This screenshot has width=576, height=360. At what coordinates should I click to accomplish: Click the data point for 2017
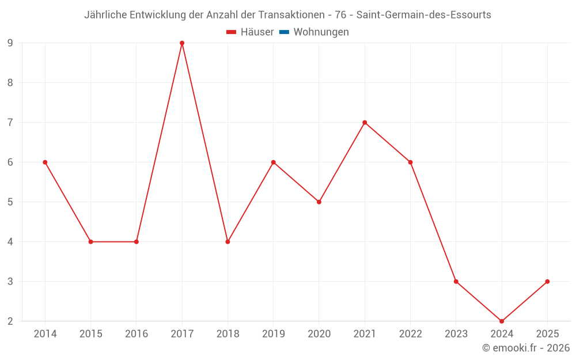(182, 43)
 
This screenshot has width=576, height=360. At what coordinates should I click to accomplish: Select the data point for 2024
(502, 321)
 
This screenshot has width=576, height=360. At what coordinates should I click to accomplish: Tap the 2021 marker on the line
(365, 123)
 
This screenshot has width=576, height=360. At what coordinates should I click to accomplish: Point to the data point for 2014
(45, 162)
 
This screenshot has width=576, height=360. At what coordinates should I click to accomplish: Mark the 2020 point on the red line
(319, 202)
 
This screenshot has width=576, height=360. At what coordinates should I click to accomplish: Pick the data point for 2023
(456, 282)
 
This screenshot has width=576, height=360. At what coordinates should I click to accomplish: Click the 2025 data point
(547, 282)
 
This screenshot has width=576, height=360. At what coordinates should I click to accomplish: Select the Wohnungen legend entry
(321, 32)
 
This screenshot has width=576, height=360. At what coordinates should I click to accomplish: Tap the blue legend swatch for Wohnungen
(284, 32)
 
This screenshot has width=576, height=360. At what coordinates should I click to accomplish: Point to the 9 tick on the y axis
(10, 43)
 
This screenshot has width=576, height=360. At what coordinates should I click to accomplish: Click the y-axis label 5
(10, 202)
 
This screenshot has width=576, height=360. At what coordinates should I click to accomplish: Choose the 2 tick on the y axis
(10, 321)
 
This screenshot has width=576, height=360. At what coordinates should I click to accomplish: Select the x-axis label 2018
(228, 334)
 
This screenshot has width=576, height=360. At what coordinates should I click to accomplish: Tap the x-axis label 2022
(410, 334)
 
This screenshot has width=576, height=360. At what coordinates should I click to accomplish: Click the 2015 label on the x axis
(90, 334)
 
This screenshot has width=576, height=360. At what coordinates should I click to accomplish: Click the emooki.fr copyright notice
(526, 348)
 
